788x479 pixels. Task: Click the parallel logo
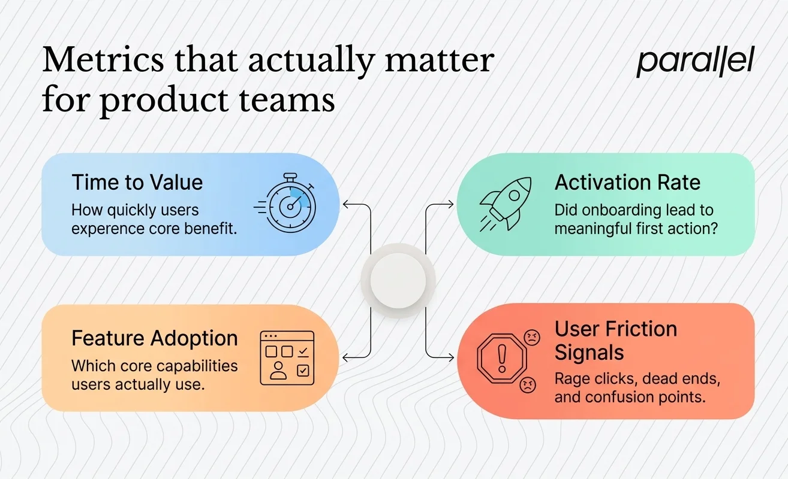point(695,61)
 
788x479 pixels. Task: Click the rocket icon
point(506,204)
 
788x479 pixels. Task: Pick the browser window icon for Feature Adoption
point(287,357)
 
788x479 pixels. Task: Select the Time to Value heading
point(137,182)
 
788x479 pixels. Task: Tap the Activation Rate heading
point(627,182)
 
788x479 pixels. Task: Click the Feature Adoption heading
point(155,338)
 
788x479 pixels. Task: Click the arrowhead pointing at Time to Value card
point(346,205)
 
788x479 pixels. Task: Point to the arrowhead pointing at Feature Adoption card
point(346,357)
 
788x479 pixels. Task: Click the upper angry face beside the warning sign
point(531,338)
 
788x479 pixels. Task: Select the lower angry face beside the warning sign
point(527,384)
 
